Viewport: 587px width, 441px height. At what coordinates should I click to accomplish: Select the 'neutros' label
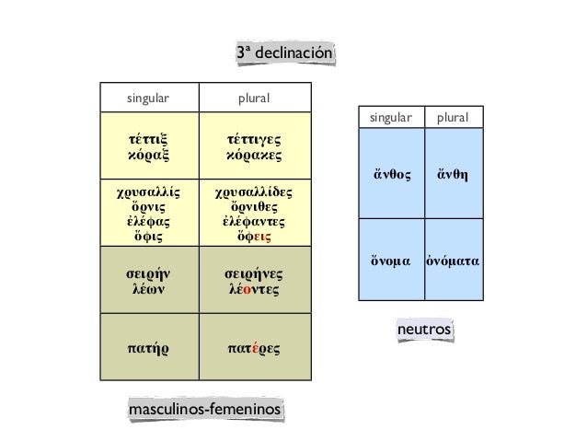click(x=423, y=329)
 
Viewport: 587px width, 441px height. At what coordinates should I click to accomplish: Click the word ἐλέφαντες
click(x=254, y=222)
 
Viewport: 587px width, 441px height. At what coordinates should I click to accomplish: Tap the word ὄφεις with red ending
click(x=254, y=237)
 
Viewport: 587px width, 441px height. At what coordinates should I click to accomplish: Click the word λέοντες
click(x=254, y=289)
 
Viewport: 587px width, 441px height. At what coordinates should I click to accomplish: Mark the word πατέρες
click(x=254, y=348)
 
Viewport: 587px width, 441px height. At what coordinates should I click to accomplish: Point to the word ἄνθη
click(x=454, y=173)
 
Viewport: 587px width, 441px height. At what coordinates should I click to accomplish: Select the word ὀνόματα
click(x=454, y=261)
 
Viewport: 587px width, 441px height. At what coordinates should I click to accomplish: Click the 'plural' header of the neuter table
click(x=453, y=118)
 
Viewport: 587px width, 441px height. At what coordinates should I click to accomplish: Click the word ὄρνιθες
click(x=254, y=207)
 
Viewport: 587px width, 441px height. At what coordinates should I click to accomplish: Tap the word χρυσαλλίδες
click(x=254, y=193)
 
